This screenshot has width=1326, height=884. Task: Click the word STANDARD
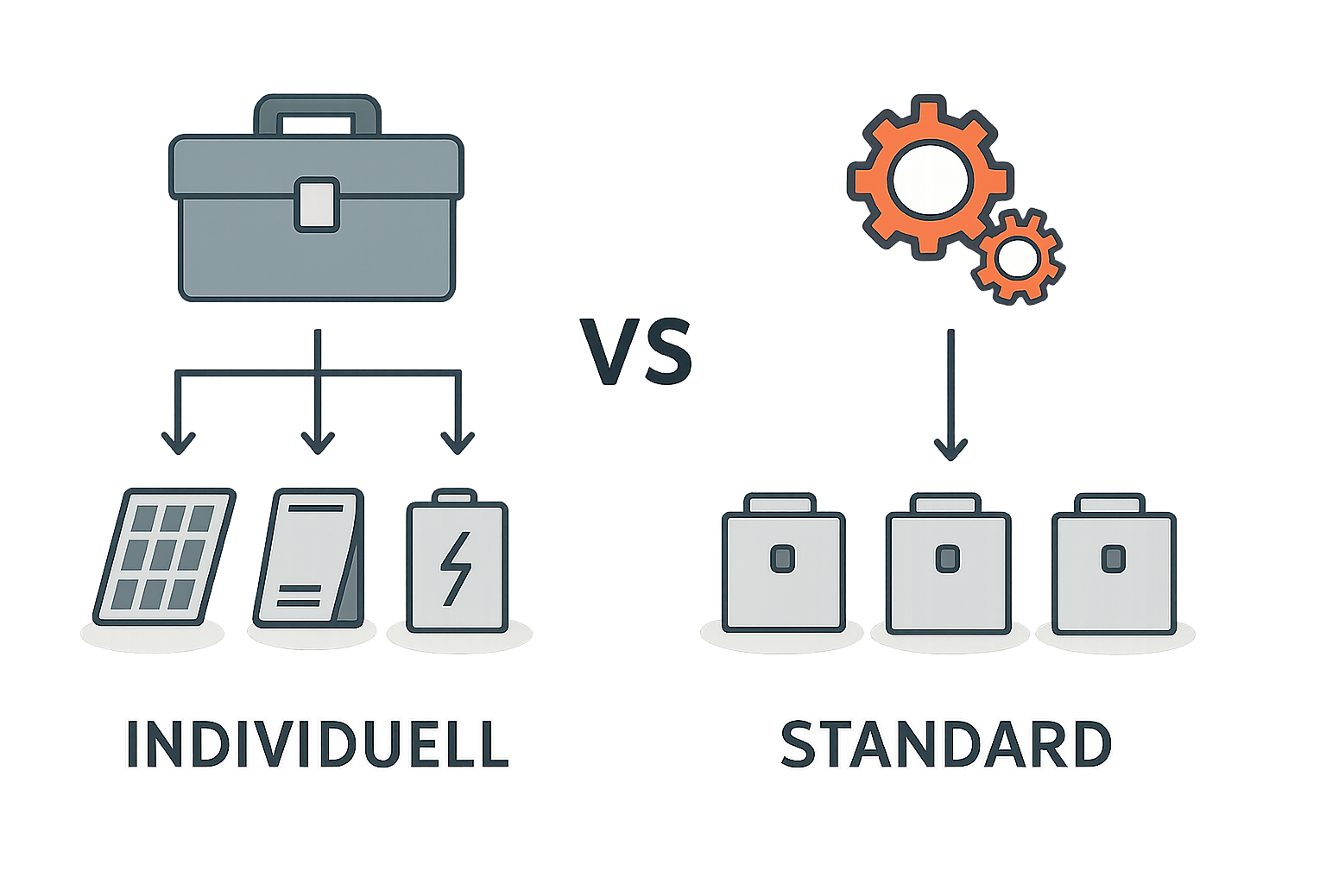[945, 745]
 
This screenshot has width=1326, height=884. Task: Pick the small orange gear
[1018, 257]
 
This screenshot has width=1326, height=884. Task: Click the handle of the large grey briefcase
[317, 112]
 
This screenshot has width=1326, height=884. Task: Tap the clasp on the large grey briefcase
[316, 205]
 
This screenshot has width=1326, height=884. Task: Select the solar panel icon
[164, 557]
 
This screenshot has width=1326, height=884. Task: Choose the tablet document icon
[308, 557]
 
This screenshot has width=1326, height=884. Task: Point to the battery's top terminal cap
[455, 497]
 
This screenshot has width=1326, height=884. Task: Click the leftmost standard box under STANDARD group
[783, 570]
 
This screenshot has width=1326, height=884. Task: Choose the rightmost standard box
[1113, 570]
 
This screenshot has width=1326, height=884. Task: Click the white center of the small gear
[1018, 258]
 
